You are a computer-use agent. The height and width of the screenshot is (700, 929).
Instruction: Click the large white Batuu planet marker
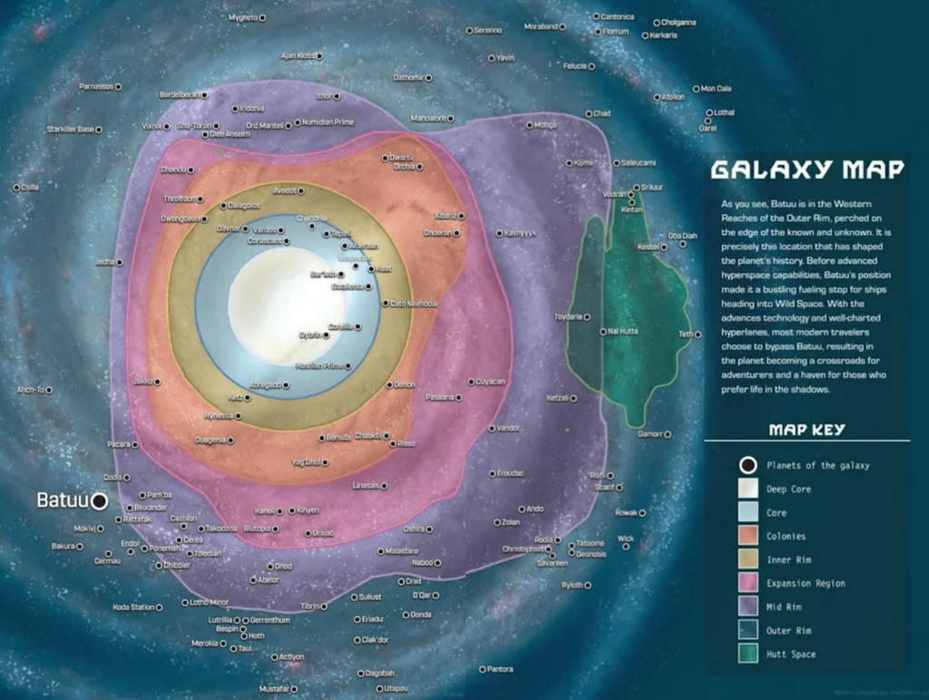click(x=99, y=501)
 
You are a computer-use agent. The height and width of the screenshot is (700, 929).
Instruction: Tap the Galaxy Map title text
click(x=807, y=170)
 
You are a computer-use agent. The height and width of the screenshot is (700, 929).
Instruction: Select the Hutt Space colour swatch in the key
click(x=748, y=654)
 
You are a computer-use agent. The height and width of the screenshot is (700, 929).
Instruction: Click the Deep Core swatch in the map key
click(x=748, y=489)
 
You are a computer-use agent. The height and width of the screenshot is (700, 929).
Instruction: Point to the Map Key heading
click(x=807, y=430)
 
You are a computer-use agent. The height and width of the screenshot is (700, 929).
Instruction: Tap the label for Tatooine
click(x=591, y=543)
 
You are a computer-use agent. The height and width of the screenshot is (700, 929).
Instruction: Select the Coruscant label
click(x=266, y=241)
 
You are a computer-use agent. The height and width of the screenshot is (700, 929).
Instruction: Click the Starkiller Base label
click(x=70, y=130)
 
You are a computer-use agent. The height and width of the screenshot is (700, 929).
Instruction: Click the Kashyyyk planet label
click(x=521, y=233)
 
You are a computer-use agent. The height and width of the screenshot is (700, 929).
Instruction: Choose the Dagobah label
click(x=379, y=674)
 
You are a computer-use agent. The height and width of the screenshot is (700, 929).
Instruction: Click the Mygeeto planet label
click(x=242, y=17)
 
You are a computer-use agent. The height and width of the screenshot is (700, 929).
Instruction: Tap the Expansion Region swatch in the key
click(x=748, y=583)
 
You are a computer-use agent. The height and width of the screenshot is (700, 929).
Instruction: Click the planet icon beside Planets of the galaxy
click(x=748, y=465)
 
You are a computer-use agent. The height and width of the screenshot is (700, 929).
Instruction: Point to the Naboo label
click(x=427, y=563)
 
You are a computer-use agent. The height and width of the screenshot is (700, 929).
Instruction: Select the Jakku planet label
click(x=142, y=382)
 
